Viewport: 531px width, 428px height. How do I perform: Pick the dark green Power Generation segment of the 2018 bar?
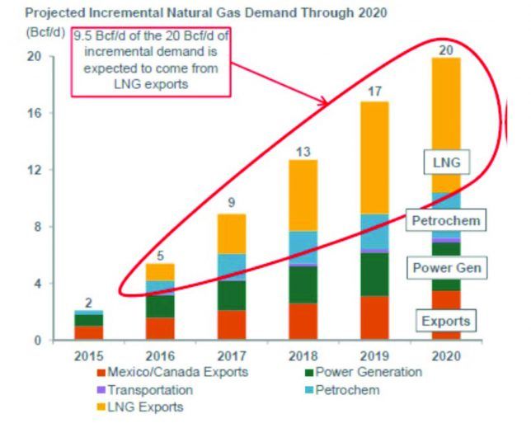click(x=303, y=284)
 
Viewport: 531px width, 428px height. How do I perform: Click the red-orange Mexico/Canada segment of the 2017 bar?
click(x=232, y=324)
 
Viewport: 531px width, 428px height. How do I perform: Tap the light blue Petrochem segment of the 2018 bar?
click(x=303, y=246)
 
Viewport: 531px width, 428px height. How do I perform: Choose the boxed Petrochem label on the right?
click(x=445, y=220)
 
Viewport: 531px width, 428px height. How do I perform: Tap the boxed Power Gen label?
click(x=445, y=268)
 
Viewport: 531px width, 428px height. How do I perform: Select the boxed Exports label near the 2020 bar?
click(x=446, y=321)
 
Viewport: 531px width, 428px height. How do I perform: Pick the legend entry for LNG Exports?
click(x=138, y=407)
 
